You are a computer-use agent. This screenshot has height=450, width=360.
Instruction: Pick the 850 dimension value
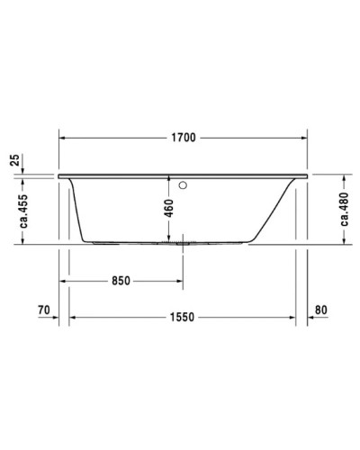pos(121,281)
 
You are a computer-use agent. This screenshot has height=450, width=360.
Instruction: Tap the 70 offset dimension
pos(42,310)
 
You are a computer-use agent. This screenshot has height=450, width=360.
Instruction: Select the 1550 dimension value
pos(183,317)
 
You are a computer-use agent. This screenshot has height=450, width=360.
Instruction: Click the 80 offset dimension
pos(323,310)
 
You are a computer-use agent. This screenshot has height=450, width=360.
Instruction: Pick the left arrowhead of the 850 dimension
pos(65,281)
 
